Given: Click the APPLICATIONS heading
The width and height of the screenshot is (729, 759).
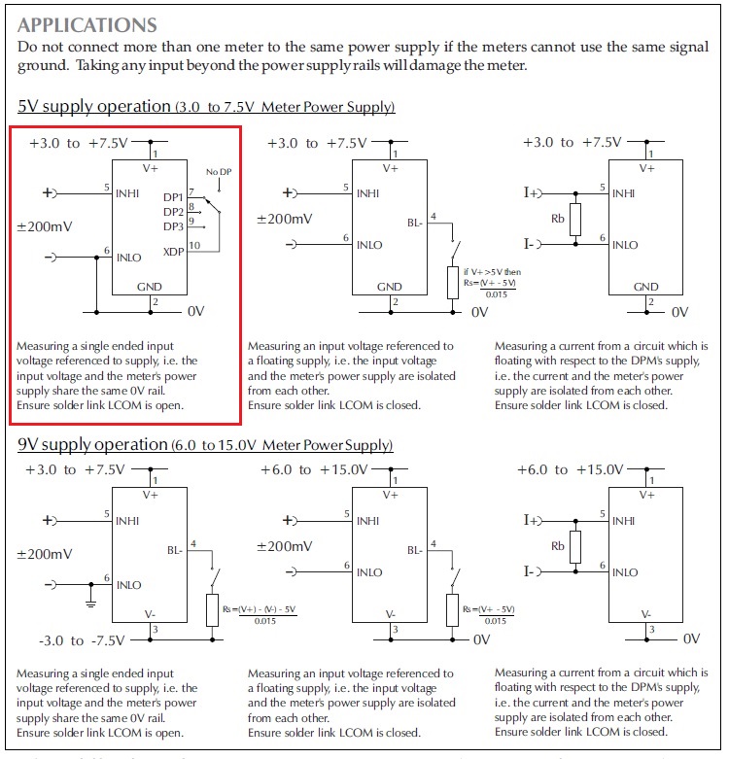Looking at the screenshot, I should (x=87, y=24).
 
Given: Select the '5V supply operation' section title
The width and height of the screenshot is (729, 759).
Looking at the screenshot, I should (x=93, y=106).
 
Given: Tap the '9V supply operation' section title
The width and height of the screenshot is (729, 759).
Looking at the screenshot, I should (x=93, y=444).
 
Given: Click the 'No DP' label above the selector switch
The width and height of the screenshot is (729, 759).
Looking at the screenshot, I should (x=219, y=172).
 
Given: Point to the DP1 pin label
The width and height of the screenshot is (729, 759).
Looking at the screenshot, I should (x=173, y=196).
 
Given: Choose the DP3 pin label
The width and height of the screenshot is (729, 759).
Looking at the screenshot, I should (x=173, y=226).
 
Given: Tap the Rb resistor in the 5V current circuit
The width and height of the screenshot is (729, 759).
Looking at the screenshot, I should (x=575, y=220).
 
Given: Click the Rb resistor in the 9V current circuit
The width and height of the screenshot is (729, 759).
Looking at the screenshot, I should (x=575, y=546).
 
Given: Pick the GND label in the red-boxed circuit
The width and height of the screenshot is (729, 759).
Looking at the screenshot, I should (x=149, y=288).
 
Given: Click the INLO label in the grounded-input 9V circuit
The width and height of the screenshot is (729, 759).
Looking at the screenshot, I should (x=129, y=585).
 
